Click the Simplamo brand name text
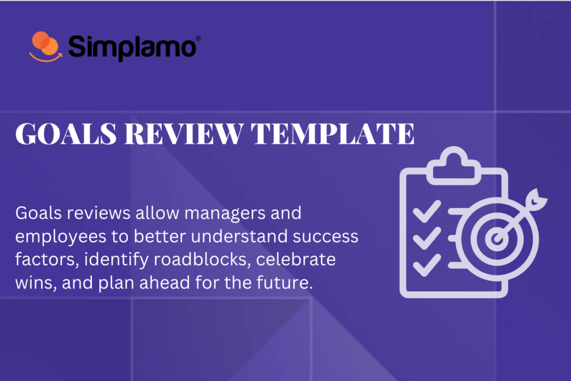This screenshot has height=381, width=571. coord(132,47)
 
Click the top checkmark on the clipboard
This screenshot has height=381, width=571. coord(422,211)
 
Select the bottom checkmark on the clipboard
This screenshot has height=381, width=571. coord(422,264)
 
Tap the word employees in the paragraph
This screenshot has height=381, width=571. coord(56,237)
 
